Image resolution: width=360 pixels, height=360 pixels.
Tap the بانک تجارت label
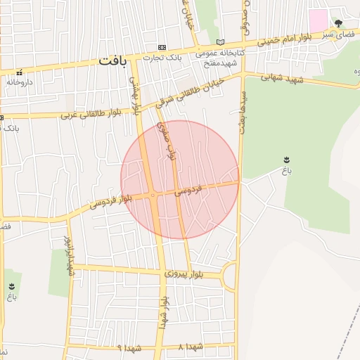[162, 58]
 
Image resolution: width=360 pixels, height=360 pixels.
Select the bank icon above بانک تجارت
[162, 47]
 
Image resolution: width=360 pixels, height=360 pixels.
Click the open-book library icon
[220, 42]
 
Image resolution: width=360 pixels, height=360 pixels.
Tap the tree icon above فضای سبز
[338, 23]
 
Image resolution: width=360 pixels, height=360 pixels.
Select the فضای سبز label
[337, 33]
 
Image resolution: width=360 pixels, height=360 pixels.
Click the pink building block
[319, 20]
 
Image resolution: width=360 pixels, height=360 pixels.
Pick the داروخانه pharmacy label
[21, 82]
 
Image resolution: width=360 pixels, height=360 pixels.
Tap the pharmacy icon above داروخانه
[20, 72]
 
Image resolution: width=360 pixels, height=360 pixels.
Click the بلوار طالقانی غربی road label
[91, 112]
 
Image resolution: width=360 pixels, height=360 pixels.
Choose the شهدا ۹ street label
[129, 347]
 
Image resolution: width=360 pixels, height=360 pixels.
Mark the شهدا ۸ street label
[191, 347]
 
